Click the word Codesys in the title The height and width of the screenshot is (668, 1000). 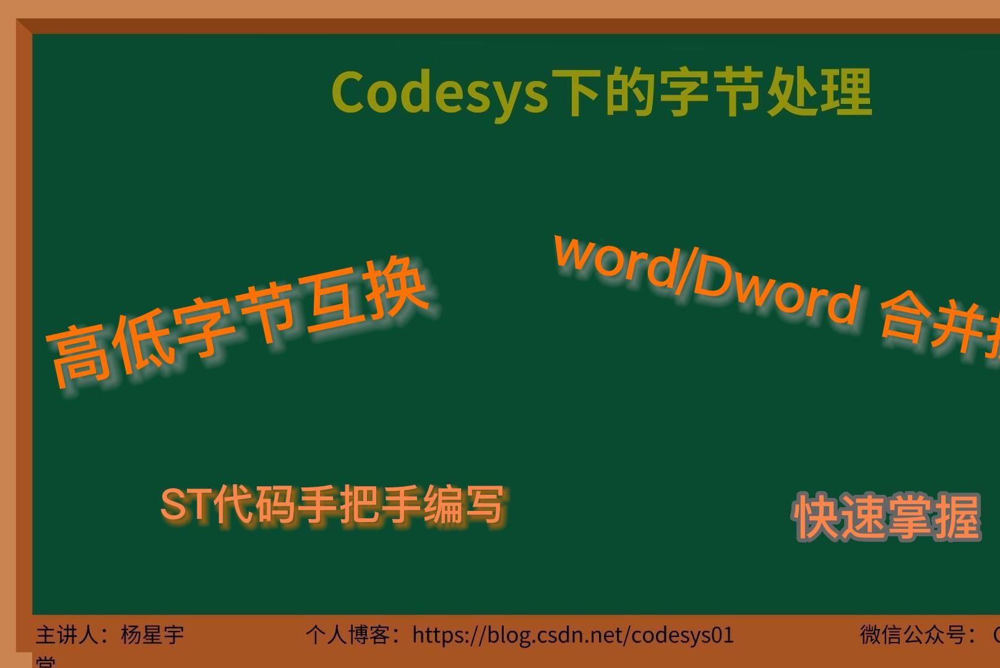coord(439,93)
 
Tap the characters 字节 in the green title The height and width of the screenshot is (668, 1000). coord(711,93)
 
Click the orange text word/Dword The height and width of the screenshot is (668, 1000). coord(705,278)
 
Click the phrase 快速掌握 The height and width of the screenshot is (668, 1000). coord(887,517)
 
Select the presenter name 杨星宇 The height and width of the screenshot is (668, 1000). coord(152,635)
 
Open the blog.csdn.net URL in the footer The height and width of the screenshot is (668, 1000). coord(572,635)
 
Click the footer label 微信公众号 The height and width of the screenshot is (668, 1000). coord(913,635)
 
